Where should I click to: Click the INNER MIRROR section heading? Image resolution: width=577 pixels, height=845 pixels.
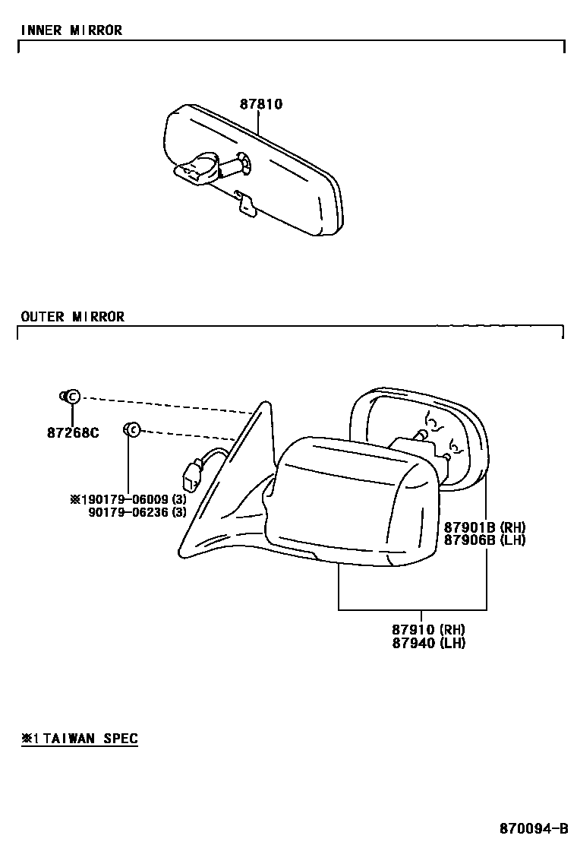(x=71, y=30)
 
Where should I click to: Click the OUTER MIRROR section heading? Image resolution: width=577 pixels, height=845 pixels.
(x=73, y=316)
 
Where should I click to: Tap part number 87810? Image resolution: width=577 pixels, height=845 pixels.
(x=261, y=104)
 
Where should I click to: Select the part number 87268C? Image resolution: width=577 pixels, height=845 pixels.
(x=73, y=434)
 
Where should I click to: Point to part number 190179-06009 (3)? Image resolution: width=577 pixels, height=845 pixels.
(x=128, y=499)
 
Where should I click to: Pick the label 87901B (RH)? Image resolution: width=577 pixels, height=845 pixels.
(x=484, y=527)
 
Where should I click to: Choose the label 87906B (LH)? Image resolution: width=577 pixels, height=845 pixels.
(x=484, y=540)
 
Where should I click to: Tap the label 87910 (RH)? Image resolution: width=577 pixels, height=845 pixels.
(x=428, y=629)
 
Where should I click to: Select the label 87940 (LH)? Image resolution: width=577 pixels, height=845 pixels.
(x=428, y=643)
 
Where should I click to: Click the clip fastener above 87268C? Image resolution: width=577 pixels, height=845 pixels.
(x=70, y=396)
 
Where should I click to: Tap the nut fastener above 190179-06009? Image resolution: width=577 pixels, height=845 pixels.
(x=131, y=430)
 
